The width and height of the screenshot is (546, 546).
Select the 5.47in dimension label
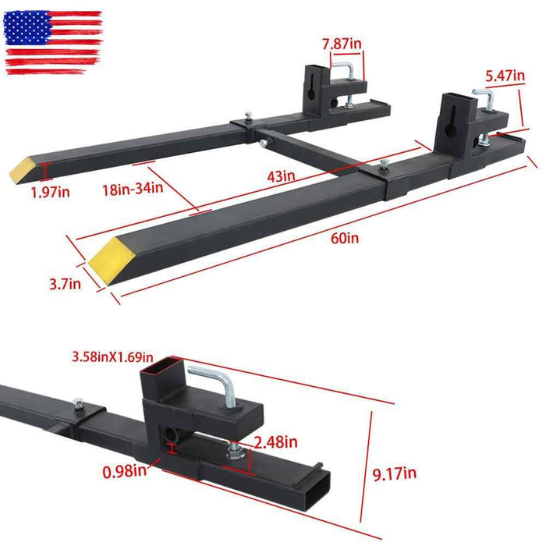[505, 76]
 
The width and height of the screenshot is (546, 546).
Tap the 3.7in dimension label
[64, 285]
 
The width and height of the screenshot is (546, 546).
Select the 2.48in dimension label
[277, 442]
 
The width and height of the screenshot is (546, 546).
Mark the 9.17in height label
[395, 472]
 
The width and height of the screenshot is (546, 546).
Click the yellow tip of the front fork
[107, 251]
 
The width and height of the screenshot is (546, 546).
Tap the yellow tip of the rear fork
[24, 169]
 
